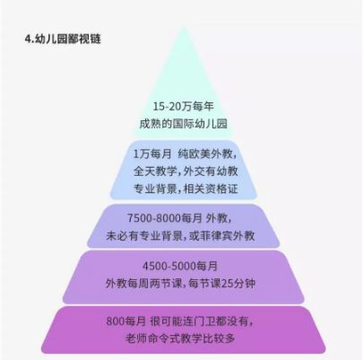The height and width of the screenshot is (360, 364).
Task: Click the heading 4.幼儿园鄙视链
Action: [x=63, y=40]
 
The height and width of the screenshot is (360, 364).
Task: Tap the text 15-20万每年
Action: [x=184, y=107]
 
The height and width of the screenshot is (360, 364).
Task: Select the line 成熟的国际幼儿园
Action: [x=183, y=124]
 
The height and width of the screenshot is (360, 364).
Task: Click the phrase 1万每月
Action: [x=152, y=154]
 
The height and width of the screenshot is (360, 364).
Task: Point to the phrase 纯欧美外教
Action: [x=205, y=154]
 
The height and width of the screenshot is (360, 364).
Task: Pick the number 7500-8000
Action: [x=154, y=218]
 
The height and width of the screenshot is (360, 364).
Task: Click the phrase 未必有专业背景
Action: [x=144, y=236]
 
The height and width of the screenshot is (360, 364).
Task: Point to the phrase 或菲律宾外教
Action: [x=222, y=236]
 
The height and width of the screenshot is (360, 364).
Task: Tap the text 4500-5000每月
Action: [x=180, y=266]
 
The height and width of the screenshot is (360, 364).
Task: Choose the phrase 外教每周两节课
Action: [x=143, y=283]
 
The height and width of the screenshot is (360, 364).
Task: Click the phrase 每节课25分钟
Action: [x=222, y=283]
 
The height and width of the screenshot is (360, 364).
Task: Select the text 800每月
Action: [x=126, y=321]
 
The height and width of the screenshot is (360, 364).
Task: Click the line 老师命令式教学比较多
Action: [x=180, y=338]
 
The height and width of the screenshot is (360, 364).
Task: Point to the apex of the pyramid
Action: [x=183, y=28]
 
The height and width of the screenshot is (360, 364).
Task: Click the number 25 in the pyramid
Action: [x=229, y=284]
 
